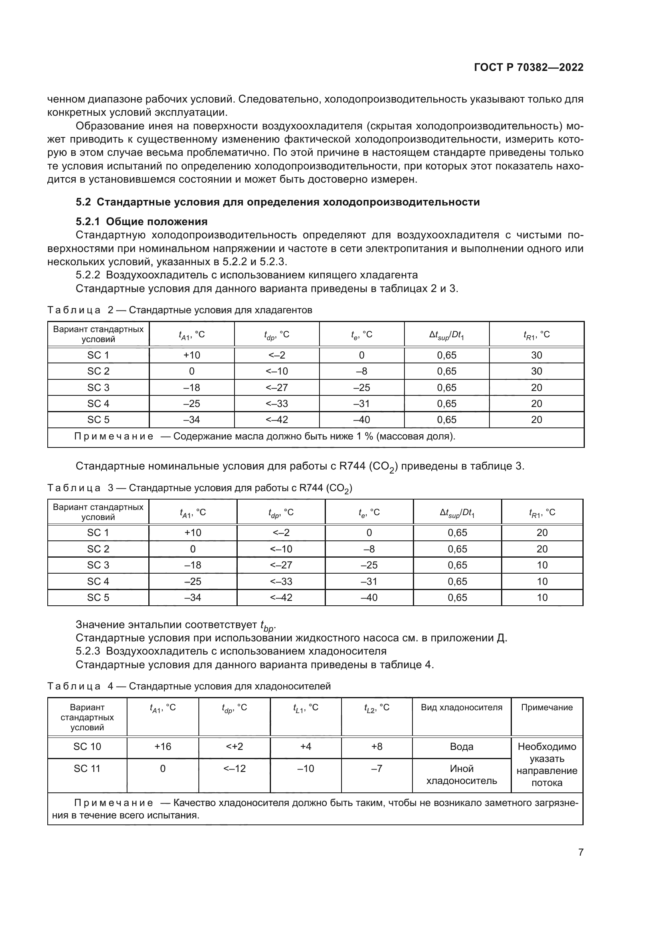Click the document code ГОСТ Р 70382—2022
point(528,68)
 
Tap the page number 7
point(580,852)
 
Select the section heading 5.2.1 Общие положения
point(141,222)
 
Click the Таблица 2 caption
point(180,310)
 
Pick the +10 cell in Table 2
point(192,355)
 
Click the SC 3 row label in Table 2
point(98,387)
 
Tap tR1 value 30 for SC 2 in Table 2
point(536,371)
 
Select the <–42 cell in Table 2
point(277,419)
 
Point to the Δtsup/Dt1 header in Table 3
point(457,513)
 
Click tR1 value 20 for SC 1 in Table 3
point(542,532)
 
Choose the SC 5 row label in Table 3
point(98,597)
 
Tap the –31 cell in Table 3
point(369,581)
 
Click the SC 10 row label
point(87,746)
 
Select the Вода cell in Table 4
point(461,746)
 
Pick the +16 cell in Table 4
point(162,746)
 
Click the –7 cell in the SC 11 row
point(376,768)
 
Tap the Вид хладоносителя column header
point(461,707)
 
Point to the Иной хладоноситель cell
point(461,775)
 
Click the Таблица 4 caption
point(189,686)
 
